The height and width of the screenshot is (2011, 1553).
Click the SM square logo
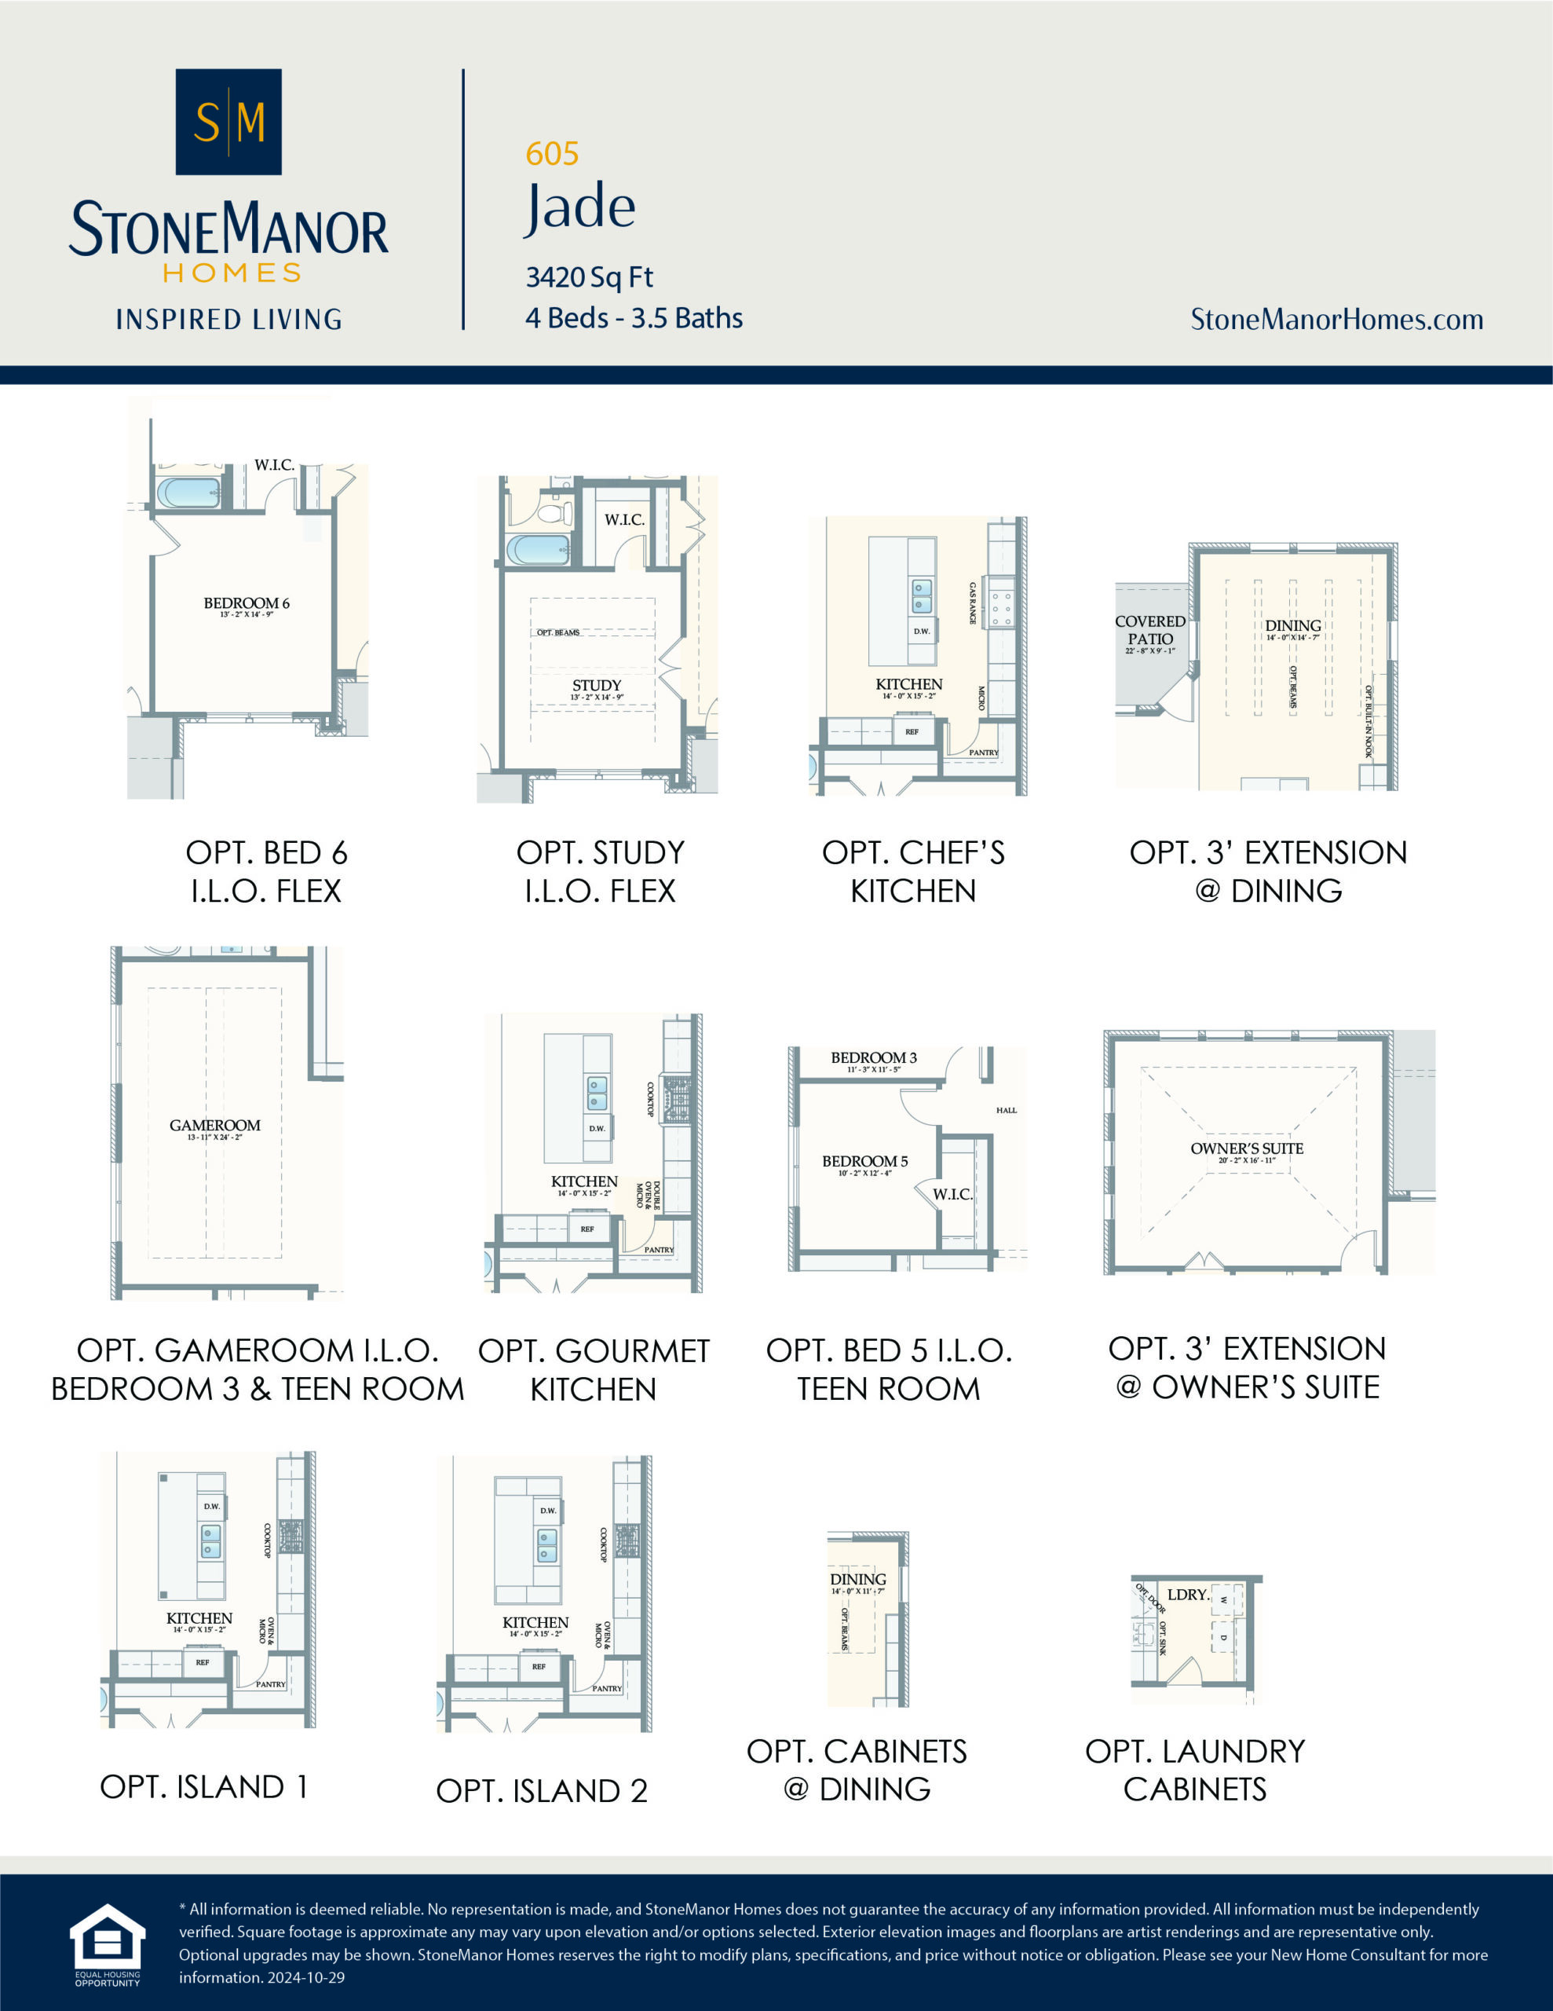pos(228,122)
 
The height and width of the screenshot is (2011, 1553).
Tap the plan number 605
pos(551,154)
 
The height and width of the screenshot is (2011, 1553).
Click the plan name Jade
pos(580,207)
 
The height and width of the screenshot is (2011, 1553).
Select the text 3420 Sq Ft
pos(589,277)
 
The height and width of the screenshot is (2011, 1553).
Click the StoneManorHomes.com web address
pos(1336,320)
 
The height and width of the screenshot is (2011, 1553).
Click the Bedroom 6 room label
pos(246,604)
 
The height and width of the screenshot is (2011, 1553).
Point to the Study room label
pos(597,686)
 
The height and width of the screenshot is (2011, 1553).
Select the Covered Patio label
pos(1149,631)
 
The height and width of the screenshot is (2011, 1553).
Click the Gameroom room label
pos(214,1125)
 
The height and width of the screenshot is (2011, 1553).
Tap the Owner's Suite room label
pos(1247,1149)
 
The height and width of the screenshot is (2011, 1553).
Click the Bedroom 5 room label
pos(864,1162)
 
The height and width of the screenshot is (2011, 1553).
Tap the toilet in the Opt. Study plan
pos(555,511)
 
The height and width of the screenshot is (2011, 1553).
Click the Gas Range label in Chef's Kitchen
pos(972,603)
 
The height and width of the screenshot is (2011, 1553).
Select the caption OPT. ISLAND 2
pos(541,1791)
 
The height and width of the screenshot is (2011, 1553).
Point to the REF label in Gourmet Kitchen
pos(587,1229)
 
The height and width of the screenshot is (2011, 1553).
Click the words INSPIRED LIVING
pos(228,320)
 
